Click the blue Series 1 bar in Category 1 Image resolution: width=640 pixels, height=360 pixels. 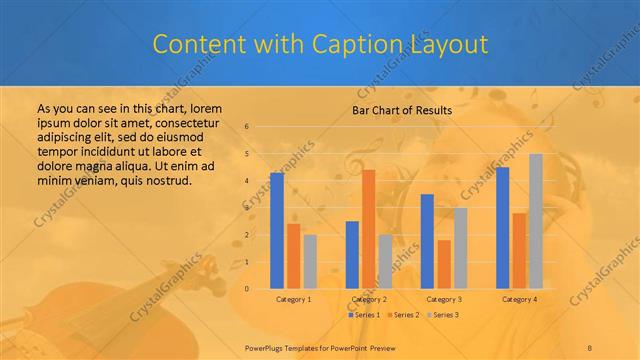pos(277,231)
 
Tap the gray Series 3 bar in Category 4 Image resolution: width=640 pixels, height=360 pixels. pos(536,221)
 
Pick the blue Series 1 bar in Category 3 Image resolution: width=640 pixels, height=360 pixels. pos(427,241)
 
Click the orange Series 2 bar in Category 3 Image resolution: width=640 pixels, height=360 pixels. pos(444,264)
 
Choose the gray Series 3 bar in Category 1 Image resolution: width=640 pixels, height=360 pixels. pos(310,261)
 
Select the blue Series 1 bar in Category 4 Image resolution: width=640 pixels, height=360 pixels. pos(502,228)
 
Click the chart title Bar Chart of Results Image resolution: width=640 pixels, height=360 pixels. pos(403,110)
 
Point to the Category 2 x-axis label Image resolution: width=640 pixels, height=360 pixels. pos(369,299)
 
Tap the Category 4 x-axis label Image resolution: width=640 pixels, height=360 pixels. pos(519,299)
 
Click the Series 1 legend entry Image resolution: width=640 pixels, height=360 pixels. pos(363,315)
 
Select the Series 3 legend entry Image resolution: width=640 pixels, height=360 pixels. pos(442,315)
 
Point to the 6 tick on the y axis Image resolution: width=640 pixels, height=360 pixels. pos(246,127)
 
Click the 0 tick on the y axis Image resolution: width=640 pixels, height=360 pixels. pos(246,289)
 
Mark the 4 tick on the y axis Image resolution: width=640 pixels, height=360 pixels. pos(246,181)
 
